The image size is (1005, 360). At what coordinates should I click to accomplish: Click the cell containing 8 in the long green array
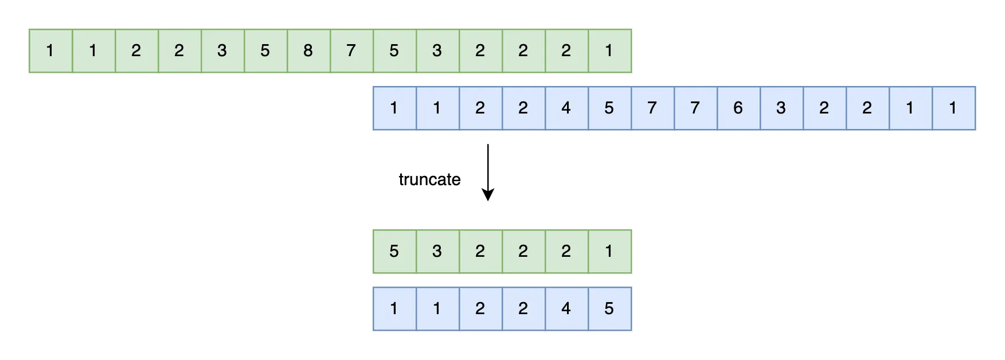point(308,51)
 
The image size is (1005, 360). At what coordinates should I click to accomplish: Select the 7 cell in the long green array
point(351,51)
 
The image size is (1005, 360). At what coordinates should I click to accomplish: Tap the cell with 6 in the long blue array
point(738,108)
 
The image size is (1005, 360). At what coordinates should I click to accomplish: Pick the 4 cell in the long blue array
point(566,108)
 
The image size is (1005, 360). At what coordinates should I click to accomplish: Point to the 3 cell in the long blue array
point(781,108)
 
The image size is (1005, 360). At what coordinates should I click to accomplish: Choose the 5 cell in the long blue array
point(609,108)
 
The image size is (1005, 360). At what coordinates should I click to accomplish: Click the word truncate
point(429,179)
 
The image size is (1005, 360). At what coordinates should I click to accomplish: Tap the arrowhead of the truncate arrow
point(488,195)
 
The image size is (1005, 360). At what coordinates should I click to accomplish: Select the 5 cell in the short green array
point(394,252)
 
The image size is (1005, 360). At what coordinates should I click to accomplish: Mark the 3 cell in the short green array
point(437,252)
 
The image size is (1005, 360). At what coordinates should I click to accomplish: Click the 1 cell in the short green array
point(609,252)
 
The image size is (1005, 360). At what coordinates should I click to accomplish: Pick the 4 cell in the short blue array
point(566,309)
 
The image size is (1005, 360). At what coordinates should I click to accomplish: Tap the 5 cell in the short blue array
point(609,309)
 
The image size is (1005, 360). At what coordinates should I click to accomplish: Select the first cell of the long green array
point(50,51)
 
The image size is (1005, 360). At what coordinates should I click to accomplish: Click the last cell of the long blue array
point(953,108)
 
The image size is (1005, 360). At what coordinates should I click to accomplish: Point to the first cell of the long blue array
point(394,108)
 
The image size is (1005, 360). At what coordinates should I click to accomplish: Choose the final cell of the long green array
point(609,51)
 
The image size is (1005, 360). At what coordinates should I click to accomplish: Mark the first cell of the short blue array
point(394,309)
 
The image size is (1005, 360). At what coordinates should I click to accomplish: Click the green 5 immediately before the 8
point(265,51)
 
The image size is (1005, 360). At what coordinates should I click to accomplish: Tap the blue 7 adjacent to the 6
point(695,108)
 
